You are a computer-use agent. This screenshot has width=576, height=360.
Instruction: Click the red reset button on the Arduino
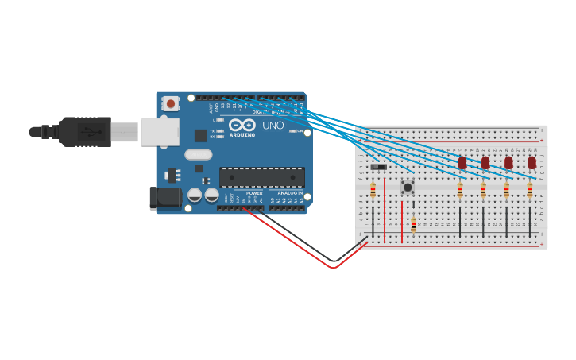(170, 103)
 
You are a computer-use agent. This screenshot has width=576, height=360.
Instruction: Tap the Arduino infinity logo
(242, 126)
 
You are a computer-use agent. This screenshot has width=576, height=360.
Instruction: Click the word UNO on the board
(273, 126)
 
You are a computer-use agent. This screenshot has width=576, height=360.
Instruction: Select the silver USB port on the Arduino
(160, 132)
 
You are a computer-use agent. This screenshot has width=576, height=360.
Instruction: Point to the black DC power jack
(164, 198)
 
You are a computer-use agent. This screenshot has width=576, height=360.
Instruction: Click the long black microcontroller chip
(261, 177)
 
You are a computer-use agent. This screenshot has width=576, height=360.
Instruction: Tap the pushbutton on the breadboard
(408, 187)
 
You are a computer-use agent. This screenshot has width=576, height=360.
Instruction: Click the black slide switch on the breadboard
(378, 167)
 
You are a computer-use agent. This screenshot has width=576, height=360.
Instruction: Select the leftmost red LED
(462, 163)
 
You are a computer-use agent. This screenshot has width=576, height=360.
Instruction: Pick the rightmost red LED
(532, 163)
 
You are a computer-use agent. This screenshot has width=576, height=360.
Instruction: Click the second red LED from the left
(485, 163)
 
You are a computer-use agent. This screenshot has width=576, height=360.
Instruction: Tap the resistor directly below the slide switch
(373, 191)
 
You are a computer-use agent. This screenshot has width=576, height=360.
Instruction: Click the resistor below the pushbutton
(413, 224)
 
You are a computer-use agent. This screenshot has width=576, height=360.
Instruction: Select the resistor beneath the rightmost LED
(530, 191)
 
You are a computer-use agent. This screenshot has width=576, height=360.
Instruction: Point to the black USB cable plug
(83, 132)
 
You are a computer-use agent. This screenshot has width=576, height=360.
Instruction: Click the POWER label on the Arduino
(254, 193)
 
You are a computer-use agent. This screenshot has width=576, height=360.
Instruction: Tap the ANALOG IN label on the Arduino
(288, 193)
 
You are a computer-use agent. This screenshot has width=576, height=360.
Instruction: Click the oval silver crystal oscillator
(199, 155)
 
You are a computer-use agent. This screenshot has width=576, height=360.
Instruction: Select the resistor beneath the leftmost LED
(460, 191)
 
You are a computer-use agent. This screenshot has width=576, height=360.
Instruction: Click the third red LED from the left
(508, 163)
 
